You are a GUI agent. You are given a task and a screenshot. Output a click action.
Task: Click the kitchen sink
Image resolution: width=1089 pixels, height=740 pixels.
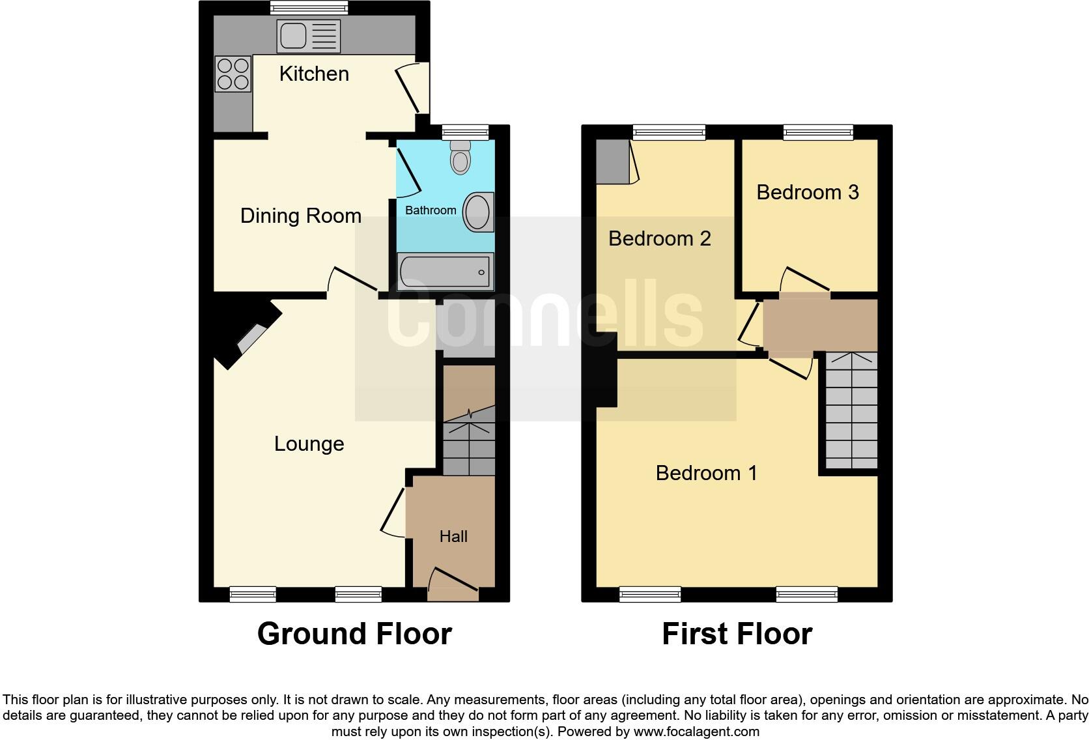click(308, 36)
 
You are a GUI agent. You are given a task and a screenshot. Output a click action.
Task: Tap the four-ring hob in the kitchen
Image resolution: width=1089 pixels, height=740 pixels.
click(233, 74)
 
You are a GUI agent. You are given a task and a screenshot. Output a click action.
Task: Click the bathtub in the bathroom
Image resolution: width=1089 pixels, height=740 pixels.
click(445, 272)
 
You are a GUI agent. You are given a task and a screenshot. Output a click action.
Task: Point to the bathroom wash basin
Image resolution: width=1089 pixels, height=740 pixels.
click(479, 212)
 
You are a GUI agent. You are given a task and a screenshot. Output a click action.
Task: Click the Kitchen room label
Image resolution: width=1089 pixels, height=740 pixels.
click(314, 74)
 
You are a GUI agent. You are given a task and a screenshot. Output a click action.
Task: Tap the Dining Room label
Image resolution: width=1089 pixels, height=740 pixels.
click(300, 216)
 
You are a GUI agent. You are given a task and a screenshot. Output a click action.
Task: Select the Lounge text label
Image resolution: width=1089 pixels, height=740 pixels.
click(309, 444)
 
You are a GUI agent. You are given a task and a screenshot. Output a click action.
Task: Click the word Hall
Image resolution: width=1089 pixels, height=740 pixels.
click(453, 536)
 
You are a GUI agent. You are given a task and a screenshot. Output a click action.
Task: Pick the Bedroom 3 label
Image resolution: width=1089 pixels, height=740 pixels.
click(807, 192)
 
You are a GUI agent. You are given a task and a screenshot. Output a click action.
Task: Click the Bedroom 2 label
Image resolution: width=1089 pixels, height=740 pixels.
click(659, 238)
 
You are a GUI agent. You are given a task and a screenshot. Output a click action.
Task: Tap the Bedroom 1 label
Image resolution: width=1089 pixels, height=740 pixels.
click(706, 472)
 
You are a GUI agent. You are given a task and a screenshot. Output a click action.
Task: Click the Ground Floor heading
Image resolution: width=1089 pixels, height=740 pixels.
click(354, 633)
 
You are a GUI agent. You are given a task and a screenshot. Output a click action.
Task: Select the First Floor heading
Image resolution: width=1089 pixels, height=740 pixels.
click(737, 633)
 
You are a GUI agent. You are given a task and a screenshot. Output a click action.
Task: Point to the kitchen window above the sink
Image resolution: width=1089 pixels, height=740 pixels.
click(309, 8)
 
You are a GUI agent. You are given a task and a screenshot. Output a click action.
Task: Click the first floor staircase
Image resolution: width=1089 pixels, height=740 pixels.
click(851, 410)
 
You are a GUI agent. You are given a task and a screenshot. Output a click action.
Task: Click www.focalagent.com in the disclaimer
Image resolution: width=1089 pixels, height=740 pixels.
click(696, 732)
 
